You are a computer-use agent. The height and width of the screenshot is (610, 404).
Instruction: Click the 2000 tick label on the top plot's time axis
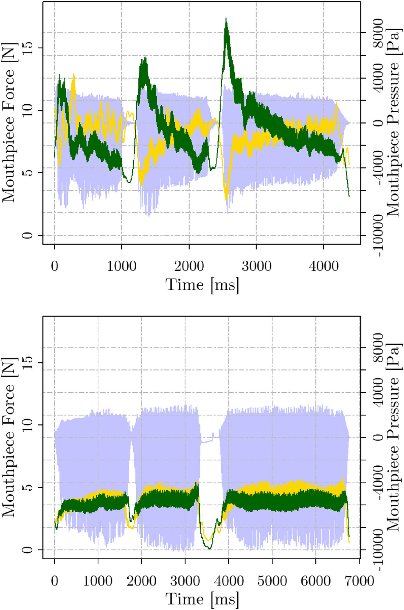(189, 266)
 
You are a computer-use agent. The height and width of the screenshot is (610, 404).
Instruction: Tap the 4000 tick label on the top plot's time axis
(324, 266)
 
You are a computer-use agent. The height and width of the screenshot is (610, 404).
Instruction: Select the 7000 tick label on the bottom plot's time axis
(359, 581)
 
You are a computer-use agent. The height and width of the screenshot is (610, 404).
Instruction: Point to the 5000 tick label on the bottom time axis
(272, 581)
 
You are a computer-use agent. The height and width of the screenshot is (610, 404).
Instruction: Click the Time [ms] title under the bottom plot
(202, 599)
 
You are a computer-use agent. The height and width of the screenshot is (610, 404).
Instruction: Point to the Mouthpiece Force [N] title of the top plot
(9, 122)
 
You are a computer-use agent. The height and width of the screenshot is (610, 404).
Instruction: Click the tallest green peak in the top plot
(226, 19)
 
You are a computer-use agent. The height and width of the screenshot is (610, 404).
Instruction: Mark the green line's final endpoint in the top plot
(349, 196)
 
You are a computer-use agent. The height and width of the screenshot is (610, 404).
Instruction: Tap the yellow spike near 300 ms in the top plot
(73, 74)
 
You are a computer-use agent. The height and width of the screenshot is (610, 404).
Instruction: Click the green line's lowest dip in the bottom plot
(209, 548)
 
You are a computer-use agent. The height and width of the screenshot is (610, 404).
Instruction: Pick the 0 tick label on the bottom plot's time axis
(55, 581)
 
